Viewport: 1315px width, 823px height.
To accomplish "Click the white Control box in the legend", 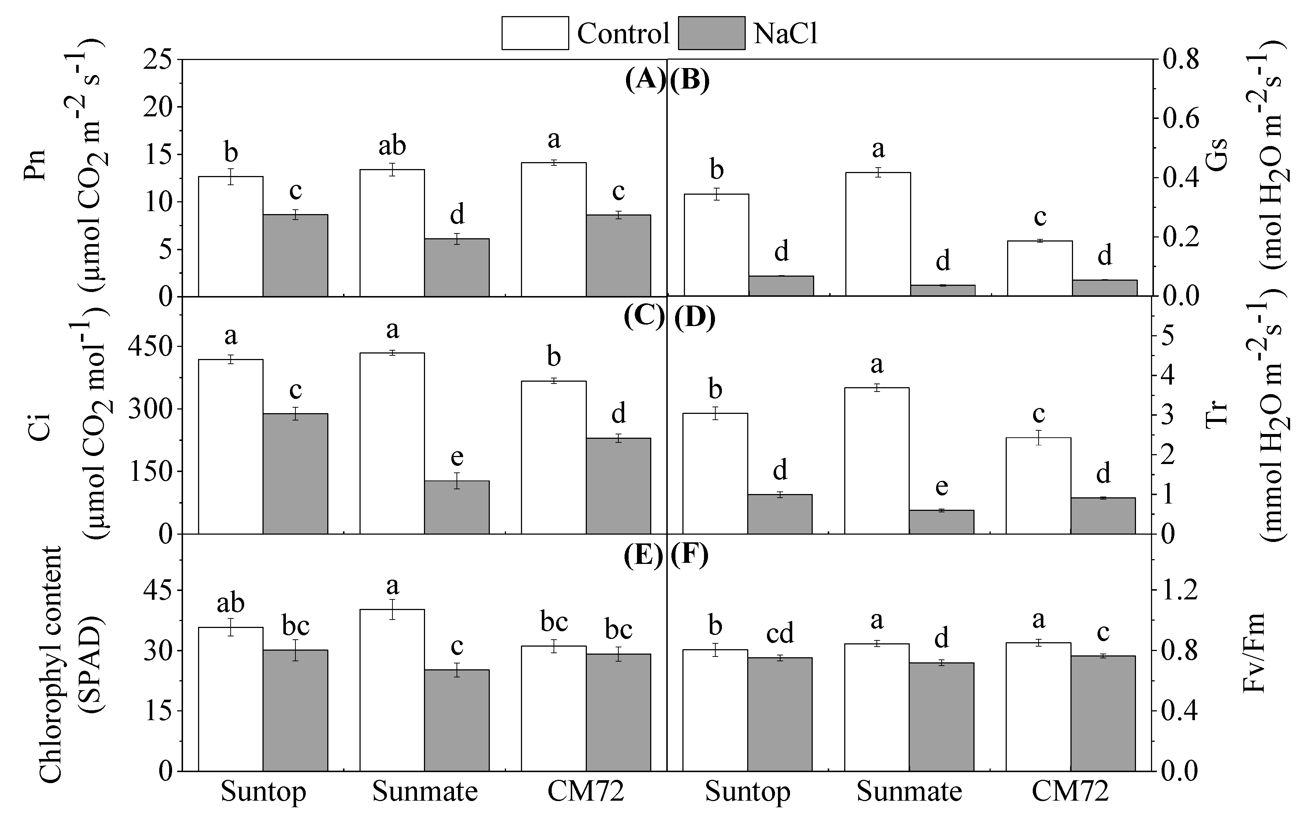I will tap(535, 33).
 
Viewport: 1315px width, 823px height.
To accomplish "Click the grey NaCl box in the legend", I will tap(711, 33).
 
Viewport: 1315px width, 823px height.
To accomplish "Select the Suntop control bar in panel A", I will tap(231, 236).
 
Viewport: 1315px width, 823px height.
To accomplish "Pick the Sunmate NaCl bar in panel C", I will tap(457, 507).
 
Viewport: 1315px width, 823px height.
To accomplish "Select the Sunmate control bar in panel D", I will tap(877, 460).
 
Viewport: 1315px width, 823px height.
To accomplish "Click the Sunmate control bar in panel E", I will tap(392, 690).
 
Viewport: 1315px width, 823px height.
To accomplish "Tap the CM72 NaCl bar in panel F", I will tap(1103, 713).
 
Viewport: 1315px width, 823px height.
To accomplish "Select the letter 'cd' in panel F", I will tap(780, 633).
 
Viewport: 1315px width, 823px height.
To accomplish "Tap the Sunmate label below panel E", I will tap(425, 792).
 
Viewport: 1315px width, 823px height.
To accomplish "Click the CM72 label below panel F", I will tap(1070, 792).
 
